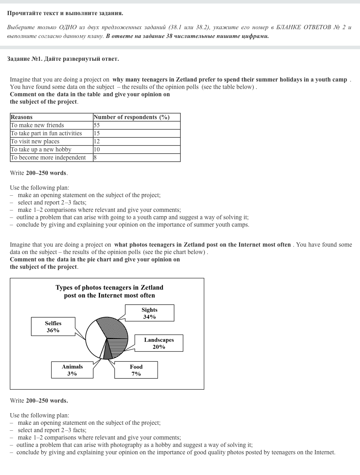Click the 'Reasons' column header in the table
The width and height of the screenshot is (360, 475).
tap(21, 117)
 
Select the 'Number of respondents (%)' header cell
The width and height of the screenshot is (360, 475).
tap(131, 117)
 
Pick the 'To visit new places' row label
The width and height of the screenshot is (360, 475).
tap(35, 142)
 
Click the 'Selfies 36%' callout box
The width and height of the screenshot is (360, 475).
tap(53, 327)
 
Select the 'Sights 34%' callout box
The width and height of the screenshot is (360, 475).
tap(149, 313)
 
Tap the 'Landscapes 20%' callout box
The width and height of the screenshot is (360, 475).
tap(159, 343)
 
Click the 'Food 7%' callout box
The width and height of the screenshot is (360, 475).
tap(136, 370)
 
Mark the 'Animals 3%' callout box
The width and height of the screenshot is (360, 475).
tap(72, 370)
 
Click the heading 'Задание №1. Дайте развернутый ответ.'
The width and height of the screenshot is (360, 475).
tap(63, 59)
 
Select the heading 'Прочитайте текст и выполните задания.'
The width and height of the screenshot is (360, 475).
tap(65, 13)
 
